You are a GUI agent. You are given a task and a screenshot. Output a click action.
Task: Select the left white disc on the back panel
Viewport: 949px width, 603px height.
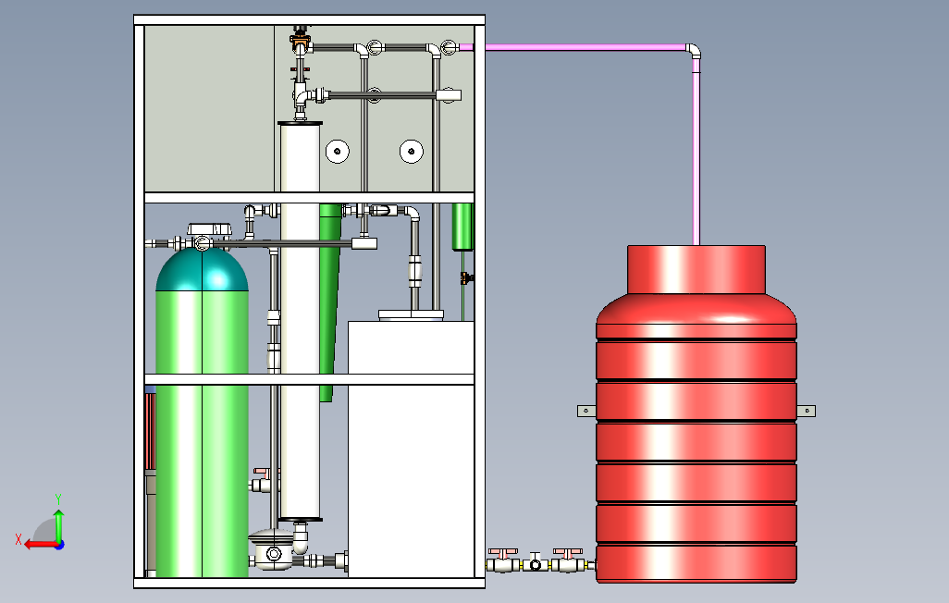coord(338,151)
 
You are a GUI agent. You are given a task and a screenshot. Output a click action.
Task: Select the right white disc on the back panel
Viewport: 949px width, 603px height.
coord(410,151)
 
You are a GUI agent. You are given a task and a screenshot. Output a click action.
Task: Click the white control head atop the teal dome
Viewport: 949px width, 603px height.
coord(208,228)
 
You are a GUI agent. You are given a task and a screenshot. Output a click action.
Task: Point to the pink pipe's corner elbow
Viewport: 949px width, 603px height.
coord(692,50)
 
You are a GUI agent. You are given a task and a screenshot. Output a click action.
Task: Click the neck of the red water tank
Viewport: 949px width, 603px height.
coord(696,269)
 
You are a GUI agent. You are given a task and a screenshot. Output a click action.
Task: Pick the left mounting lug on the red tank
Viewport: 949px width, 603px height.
coord(586,410)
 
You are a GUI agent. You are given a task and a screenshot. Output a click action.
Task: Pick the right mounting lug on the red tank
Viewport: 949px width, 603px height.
coord(807,410)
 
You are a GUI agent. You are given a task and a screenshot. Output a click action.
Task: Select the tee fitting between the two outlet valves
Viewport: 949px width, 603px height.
coord(535,562)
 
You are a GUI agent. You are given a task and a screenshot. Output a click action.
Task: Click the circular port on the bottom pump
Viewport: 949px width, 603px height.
coord(273,554)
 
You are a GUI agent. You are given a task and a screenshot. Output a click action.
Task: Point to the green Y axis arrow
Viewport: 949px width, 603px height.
coord(58,518)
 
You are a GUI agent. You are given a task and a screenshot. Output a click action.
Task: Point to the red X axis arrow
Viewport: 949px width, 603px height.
coord(35,544)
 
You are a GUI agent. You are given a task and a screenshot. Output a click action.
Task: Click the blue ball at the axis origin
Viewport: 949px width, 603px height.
coord(58,544)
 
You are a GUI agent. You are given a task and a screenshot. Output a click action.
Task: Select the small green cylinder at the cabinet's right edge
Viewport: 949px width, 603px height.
coord(462,227)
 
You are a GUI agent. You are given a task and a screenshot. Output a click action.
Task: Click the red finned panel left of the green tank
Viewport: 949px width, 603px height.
coord(150,430)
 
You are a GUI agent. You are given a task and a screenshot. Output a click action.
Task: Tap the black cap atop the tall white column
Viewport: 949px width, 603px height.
coord(300,123)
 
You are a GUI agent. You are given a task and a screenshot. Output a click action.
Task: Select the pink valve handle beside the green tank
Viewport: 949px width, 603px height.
coord(264,473)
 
